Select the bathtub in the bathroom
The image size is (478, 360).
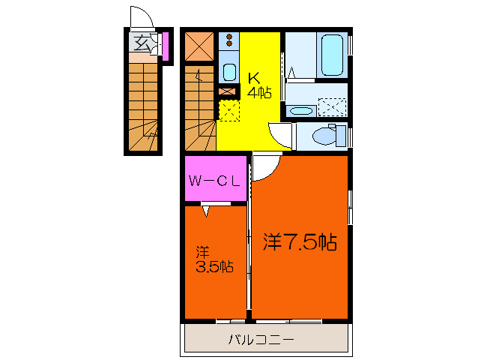330,54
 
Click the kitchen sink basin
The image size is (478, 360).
229,72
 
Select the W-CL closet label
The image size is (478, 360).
214,180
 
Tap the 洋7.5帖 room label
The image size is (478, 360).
299,242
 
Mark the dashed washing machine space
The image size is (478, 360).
332,107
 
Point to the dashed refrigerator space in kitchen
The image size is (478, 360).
229,112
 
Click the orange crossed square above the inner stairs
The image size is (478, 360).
199,46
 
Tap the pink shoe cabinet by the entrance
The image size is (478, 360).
165,46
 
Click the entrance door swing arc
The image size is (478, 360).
140,17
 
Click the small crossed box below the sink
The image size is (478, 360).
228,91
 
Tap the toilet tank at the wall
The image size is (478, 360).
342,136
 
